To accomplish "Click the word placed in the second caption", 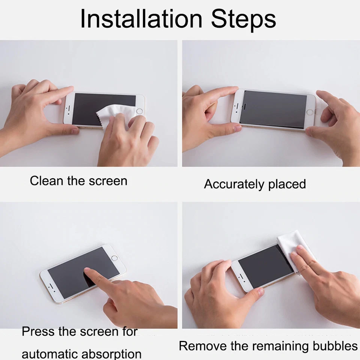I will click(287, 184).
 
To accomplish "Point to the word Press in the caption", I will click(38, 331).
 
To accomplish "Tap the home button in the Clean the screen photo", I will click(139, 111).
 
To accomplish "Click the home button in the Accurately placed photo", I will click(310, 112).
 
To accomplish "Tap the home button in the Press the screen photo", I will click(115, 258).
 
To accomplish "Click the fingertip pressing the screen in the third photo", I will click(87, 270).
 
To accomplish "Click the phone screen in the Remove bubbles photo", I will click(262, 266).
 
